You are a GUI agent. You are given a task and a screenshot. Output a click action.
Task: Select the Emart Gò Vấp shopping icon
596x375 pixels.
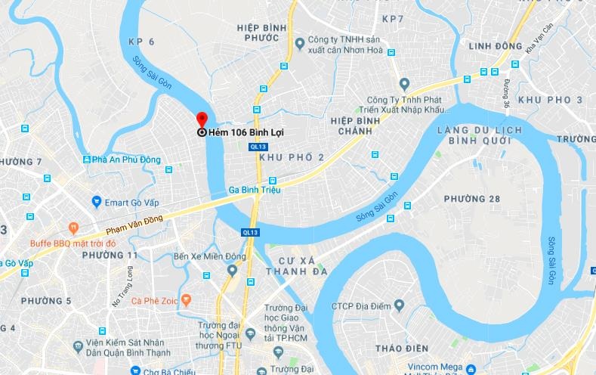[96, 201]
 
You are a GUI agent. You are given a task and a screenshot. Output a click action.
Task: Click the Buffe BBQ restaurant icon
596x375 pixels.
[73, 226]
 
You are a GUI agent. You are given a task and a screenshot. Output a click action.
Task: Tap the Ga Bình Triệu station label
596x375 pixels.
[255, 189]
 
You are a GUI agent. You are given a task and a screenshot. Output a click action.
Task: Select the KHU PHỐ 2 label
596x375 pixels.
[291, 157]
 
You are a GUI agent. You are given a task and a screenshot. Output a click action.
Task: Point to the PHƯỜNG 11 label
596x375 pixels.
[113, 255]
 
